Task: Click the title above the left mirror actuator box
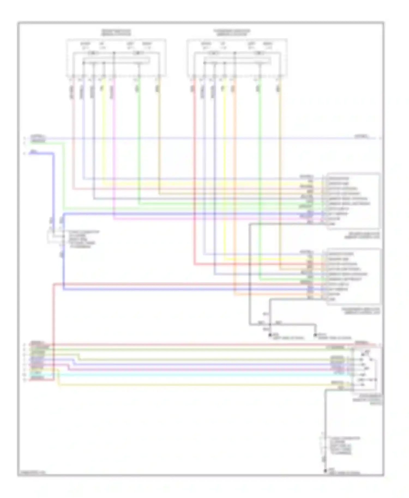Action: pos(116,33)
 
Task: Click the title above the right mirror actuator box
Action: pos(232,33)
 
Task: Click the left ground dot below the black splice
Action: pos(270,335)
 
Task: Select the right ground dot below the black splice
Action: pos(315,335)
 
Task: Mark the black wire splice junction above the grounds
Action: pos(270,324)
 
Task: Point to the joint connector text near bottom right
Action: pos(341,446)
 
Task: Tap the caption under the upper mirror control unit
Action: pos(362,235)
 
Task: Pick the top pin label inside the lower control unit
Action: pos(341,254)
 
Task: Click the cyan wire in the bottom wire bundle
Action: pos(191,375)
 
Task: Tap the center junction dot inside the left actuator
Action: pos(114,53)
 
